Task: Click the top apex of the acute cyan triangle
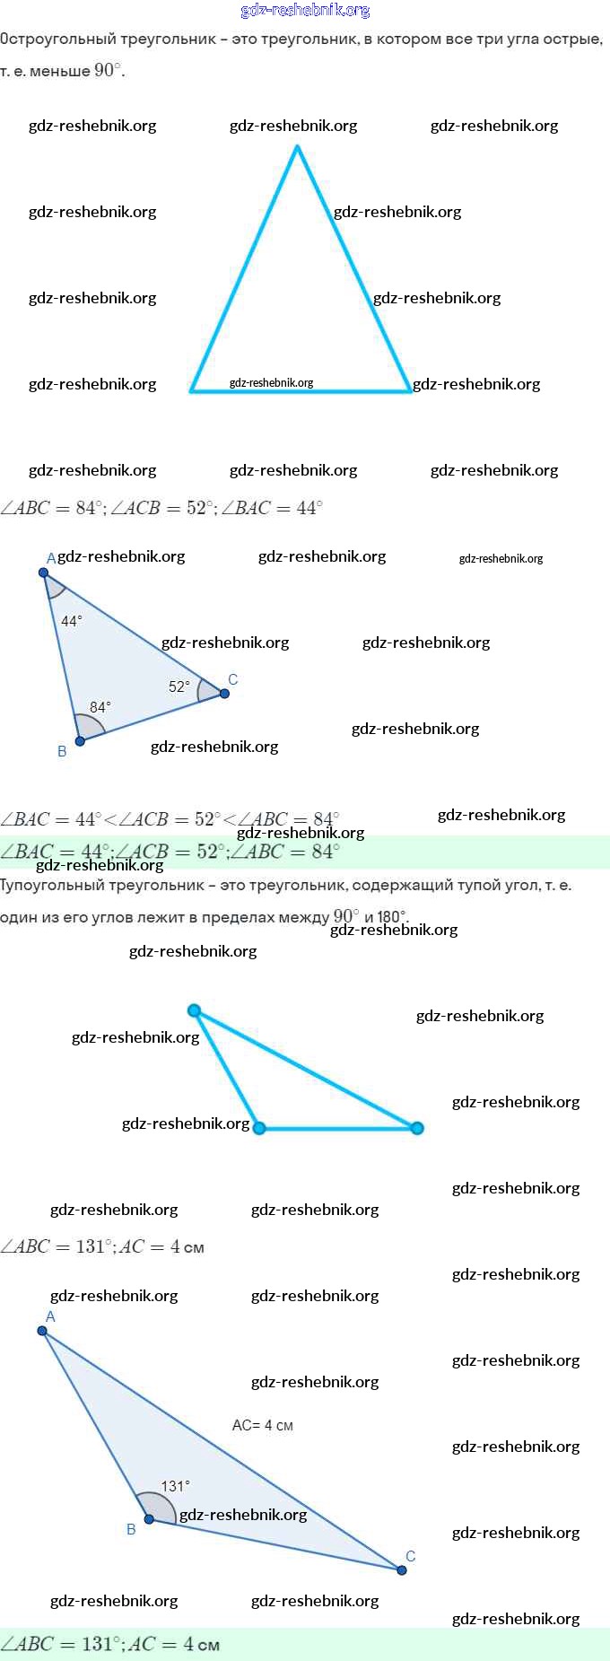297,147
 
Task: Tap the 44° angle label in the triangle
72,620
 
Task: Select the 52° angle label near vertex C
179,686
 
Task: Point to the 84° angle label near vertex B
100,707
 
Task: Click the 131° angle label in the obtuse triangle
175,1486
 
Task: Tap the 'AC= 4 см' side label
262,1425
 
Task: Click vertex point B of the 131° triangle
149,1519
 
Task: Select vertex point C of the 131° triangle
402,1569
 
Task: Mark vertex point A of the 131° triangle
42,1331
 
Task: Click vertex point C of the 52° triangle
224,693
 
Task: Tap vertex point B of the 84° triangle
80,741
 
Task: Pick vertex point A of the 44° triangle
43,572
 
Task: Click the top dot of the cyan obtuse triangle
194,1010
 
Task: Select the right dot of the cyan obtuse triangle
417,1128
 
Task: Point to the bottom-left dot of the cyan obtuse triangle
259,1128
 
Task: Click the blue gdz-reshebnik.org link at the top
305,10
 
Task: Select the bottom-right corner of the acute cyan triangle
410,390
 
